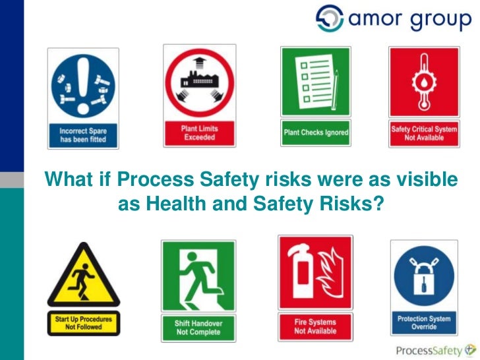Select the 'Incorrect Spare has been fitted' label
pyautogui.click(x=83, y=135)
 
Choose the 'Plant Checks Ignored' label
pyautogui.click(x=316, y=133)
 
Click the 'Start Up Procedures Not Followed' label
pyautogui.click(x=83, y=324)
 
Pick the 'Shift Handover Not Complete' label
pyautogui.click(x=198, y=328)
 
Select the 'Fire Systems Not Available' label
pyautogui.click(x=315, y=326)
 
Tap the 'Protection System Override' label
pyautogui.click(x=423, y=322)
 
